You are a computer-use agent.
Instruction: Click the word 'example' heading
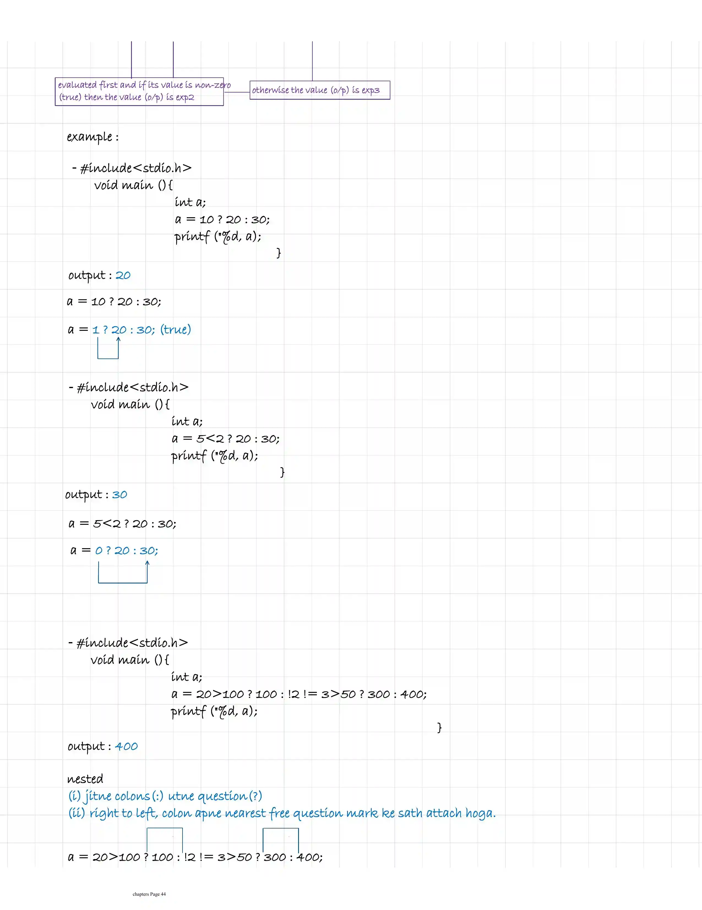(x=89, y=137)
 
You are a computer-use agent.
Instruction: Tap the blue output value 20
(x=123, y=275)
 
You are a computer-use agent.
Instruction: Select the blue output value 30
(x=119, y=495)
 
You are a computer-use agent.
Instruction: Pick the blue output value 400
(x=126, y=746)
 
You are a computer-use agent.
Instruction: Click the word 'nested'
(x=85, y=779)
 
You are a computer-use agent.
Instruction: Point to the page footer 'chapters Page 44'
(x=149, y=894)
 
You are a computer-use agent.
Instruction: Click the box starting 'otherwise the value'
(x=320, y=90)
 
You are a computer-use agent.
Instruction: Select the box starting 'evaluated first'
(x=139, y=91)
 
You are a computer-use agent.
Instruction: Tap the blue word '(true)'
(x=175, y=330)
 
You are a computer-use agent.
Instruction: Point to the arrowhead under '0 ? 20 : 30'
(x=147, y=564)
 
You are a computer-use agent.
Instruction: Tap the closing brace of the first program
(x=279, y=252)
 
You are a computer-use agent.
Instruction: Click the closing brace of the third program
(x=439, y=727)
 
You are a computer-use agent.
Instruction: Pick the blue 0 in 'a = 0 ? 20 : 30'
(x=99, y=551)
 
